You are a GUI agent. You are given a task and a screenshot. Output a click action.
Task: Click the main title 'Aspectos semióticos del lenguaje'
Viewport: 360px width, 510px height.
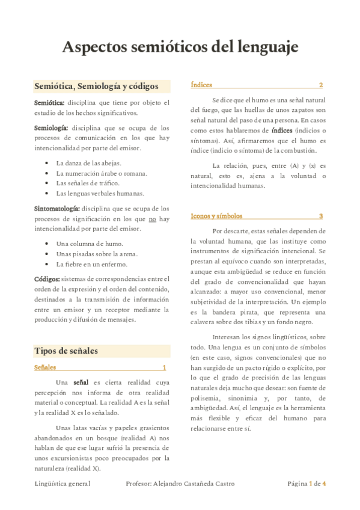180,48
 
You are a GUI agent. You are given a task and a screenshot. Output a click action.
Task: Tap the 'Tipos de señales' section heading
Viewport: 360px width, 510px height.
66,351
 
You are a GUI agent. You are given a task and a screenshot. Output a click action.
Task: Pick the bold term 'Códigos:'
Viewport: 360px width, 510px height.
47,278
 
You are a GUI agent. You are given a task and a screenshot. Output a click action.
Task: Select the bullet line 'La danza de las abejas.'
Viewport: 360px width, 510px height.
89,163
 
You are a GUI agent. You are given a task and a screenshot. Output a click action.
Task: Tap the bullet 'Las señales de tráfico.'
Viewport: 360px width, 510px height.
88,183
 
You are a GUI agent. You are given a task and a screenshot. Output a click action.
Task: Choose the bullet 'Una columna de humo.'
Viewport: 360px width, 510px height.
90,244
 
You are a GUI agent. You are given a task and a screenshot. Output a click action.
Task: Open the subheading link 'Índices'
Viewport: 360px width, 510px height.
201,85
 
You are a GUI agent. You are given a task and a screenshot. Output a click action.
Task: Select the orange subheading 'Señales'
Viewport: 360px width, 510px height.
46,367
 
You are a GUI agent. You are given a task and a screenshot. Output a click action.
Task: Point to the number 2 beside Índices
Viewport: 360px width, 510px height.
321,85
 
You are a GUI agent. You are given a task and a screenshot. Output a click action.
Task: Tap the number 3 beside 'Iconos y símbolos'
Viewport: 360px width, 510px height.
321,215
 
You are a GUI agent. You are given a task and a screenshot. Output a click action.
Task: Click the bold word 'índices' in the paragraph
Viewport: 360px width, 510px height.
282,131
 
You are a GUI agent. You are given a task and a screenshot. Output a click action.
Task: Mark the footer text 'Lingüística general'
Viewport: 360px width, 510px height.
62,484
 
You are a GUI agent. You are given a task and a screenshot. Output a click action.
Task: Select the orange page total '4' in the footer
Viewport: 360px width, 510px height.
324,484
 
